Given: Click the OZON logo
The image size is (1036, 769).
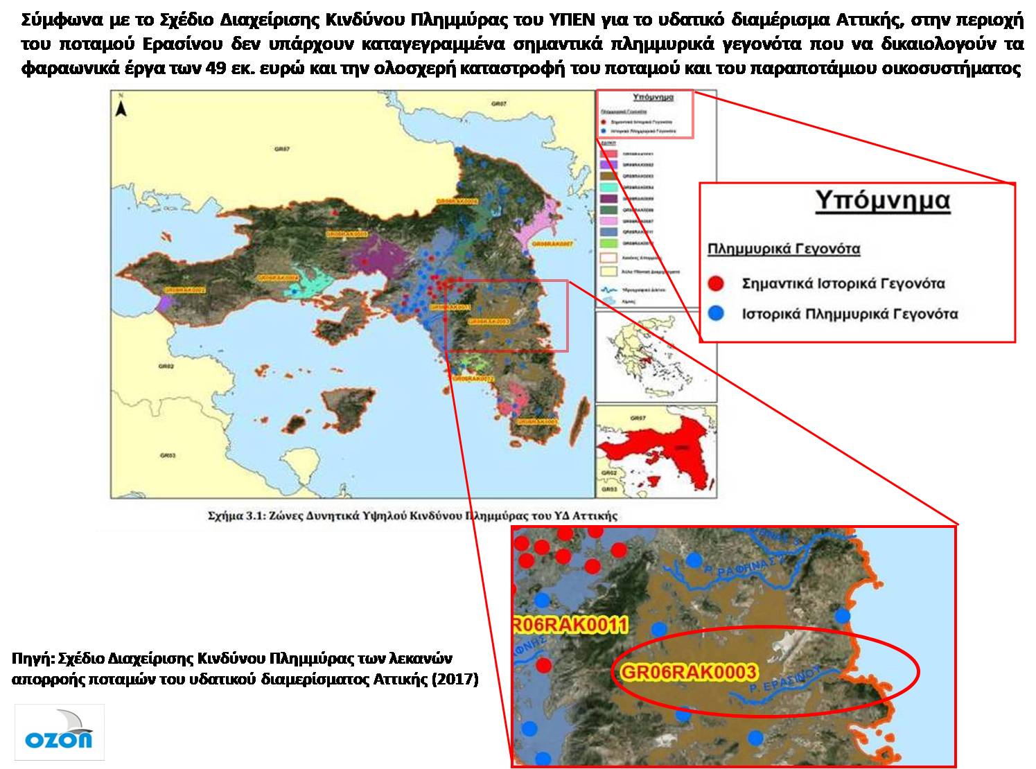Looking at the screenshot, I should (x=59, y=732).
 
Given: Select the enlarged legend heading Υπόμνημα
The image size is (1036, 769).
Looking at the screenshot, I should (x=881, y=200).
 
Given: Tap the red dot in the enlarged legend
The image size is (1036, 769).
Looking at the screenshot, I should (x=716, y=283).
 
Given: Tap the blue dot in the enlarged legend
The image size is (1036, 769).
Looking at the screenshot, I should (x=716, y=314).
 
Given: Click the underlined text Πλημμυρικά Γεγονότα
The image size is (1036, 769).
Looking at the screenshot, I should (x=783, y=248).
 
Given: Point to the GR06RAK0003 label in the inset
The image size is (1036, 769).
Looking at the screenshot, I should (x=687, y=671).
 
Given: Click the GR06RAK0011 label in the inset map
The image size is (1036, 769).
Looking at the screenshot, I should (x=570, y=626).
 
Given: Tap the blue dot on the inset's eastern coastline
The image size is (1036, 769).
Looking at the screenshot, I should (x=842, y=615).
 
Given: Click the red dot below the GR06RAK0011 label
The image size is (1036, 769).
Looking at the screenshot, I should (x=544, y=666).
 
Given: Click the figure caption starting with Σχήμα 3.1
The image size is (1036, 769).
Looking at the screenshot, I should (x=412, y=516).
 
